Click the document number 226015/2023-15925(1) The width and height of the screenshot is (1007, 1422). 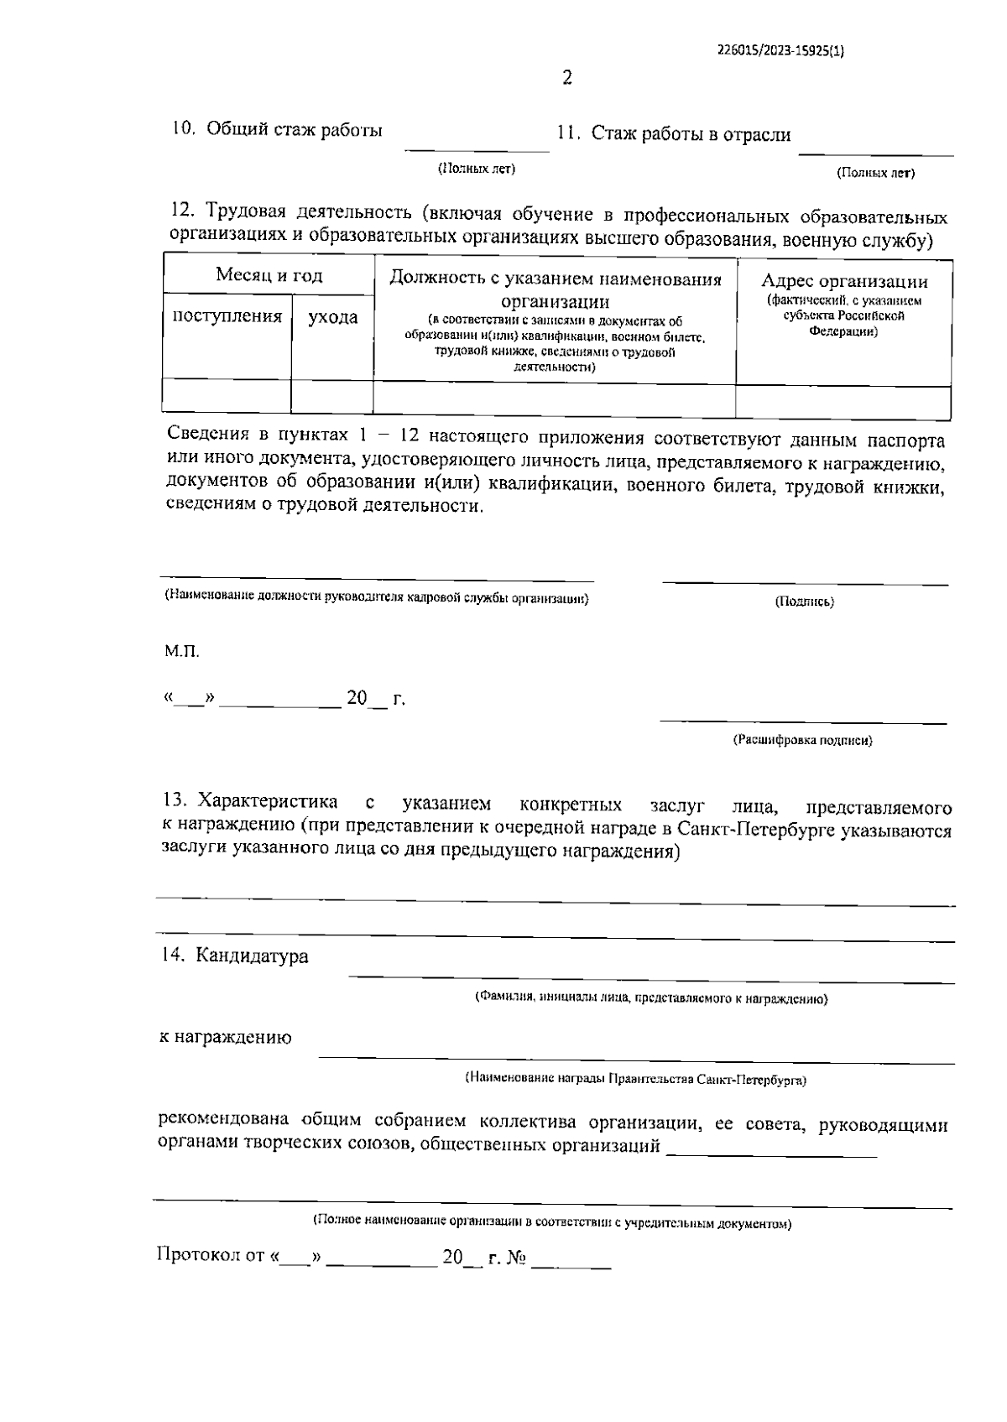(780, 49)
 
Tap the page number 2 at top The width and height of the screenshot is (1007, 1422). (567, 78)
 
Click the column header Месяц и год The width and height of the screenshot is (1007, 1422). (269, 275)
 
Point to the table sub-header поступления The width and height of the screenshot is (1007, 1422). (227, 316)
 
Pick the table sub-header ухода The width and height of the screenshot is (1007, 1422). (332, 317)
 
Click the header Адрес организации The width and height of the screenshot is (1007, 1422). (844, 282)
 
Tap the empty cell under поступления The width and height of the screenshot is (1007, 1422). (227, 396)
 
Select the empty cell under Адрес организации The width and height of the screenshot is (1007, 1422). (843, 401)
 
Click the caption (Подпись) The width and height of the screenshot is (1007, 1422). (805, 602)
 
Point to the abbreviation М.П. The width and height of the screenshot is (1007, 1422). (181, 652)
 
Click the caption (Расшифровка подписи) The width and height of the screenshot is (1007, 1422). (803, 741)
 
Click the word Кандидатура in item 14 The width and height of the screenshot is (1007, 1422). (251, 956)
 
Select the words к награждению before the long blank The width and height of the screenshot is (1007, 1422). (226, 1038)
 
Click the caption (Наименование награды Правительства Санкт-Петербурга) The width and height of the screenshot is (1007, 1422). (635, 1080)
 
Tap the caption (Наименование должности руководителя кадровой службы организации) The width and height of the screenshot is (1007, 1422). (376, 598)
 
